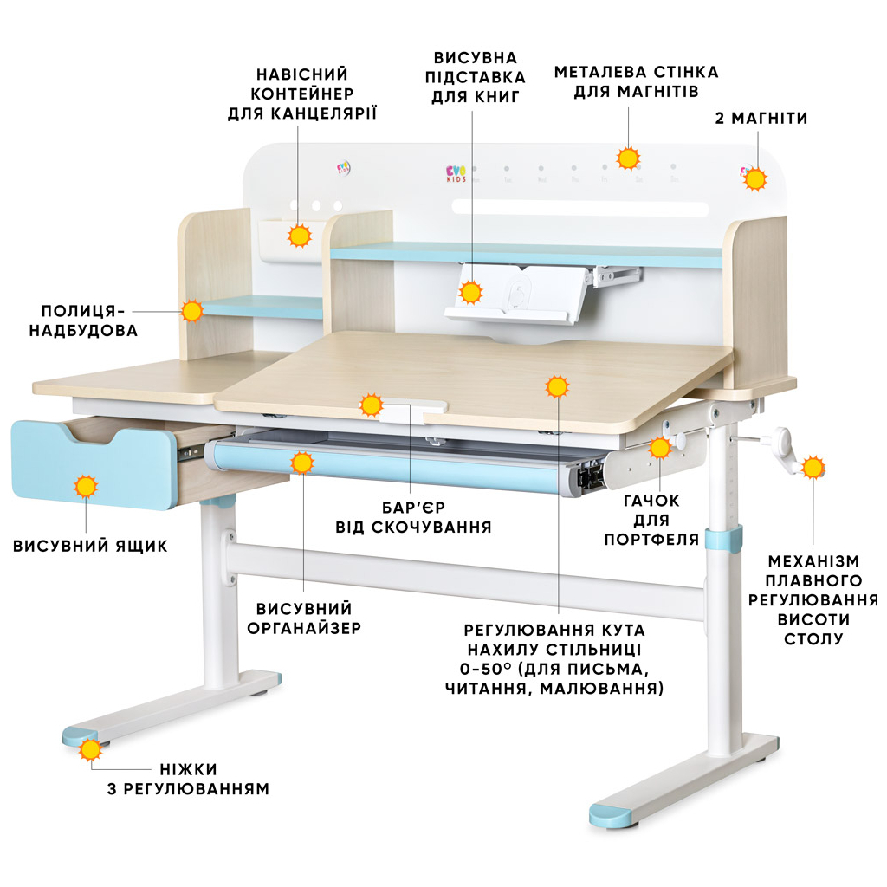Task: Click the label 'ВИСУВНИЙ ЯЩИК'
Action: pos(90,546)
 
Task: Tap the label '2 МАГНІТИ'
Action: pos(761,118)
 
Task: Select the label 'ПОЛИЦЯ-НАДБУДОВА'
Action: pos(83,320)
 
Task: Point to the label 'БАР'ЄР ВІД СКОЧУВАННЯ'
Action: pos(413,517)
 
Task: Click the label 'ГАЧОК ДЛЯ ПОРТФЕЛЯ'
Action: pos(651,520)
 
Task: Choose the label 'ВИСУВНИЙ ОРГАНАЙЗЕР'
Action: pos(304,618)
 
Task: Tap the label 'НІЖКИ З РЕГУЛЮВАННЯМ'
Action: pos(188,779)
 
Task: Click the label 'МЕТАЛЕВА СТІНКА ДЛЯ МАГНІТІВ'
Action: pos(637,81)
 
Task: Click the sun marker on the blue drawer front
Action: pos(86,487)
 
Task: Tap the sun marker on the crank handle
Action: pos(813,468)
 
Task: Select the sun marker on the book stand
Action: pos(470,293)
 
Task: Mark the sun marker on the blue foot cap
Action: pos(90,749)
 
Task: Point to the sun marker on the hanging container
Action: pos(299,236)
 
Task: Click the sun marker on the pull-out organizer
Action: pos(302,463)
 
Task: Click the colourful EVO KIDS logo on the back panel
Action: pos(456,173)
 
